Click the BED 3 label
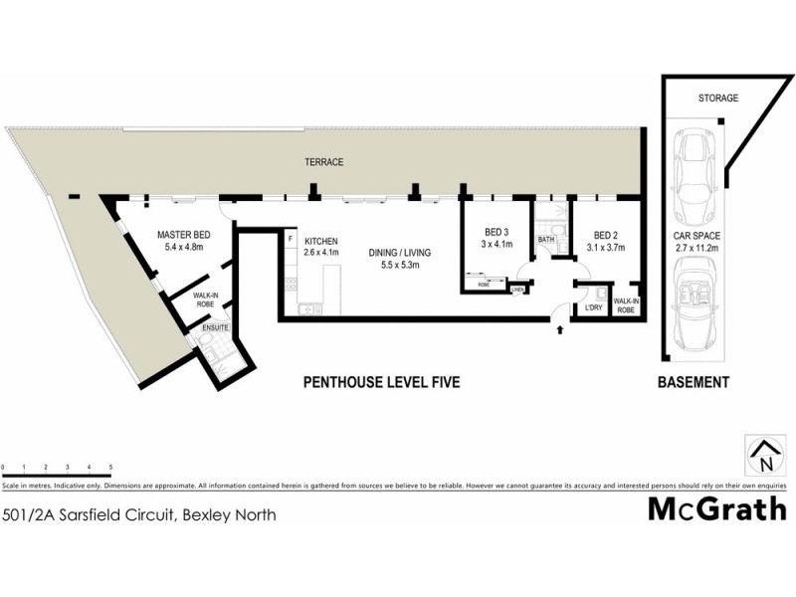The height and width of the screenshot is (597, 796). (495, 232)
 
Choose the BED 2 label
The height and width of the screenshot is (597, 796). (605, 235)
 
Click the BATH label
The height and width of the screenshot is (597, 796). (545, 240)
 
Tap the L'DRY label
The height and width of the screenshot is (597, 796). (594, 307)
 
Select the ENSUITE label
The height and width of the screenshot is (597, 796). (215, 327)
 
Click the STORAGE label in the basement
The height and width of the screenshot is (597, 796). (717, 99)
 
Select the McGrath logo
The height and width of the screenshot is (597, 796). (716, 509)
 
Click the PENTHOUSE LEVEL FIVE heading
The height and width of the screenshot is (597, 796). (381, 382)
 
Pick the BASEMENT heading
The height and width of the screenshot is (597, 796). (694, 382)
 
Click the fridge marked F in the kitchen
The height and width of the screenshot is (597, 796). (290, 240)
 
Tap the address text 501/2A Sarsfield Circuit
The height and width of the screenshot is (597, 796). (139, 514)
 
